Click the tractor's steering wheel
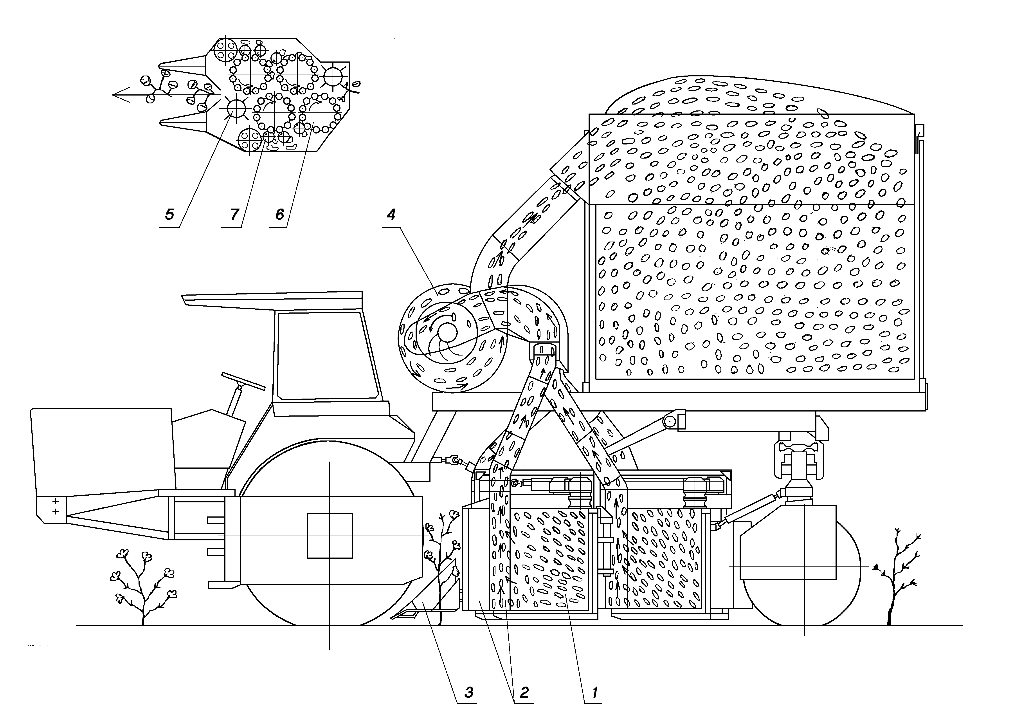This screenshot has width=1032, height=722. (x=244, y=381)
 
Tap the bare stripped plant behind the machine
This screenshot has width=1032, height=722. (x=894, y=580)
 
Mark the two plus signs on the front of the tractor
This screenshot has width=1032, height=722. (x=56, y=506)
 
